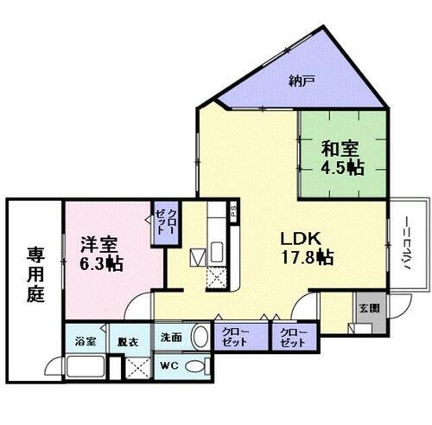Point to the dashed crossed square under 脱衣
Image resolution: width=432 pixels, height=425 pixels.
(x=137, y=366)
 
